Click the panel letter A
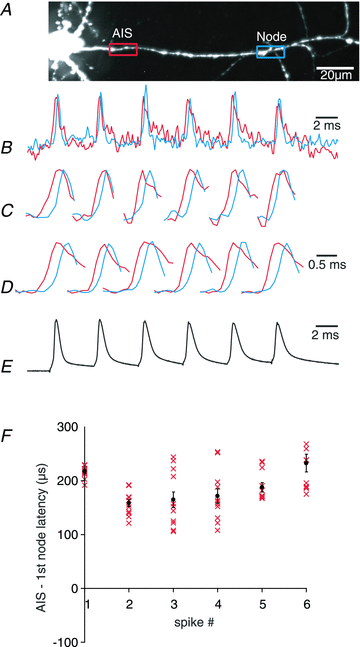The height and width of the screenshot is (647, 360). pos(8,8)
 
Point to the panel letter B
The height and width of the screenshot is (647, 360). pos(8,148)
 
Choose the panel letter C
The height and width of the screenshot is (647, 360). pos(8,210)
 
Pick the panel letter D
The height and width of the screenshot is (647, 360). pos(8,287)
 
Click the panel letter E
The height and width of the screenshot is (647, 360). pos(8,367)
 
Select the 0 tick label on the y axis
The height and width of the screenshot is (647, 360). pos(74,588)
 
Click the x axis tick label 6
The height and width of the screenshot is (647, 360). pos(306,604)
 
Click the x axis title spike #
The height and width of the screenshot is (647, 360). pos(195,623)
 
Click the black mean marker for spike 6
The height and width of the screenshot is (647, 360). pos(306,463)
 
